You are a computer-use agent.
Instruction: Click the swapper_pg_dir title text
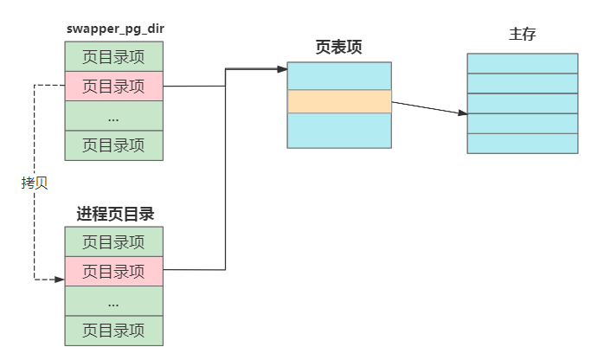tap(114, 29)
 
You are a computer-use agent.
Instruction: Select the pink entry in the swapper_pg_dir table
tap(113, 86)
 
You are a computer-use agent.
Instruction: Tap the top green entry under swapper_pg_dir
tap(113, 57)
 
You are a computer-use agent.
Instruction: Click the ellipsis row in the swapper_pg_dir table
tap(113, 116)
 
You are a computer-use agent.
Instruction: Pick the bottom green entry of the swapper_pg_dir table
tap(113, 145)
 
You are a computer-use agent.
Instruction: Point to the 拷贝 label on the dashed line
tap(34, 183)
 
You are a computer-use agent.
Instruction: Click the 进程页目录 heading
tap(114, 213)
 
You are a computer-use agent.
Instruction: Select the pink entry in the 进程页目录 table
tap(113, 271)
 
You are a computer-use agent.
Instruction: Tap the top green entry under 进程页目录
tap(113, 241)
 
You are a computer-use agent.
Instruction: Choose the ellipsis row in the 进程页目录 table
tap(113, 301)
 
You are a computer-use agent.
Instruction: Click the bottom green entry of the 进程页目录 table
tap(113, 331)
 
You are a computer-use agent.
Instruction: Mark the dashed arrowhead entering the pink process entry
tap(60, 280)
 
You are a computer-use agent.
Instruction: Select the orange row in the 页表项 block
tap(339, 101)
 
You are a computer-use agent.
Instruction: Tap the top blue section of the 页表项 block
tap(339, 75)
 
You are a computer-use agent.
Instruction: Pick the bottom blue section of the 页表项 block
tap(339, 131)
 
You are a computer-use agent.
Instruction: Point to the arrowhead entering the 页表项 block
tap(282, 68)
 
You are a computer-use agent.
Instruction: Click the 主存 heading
tap(522, 37)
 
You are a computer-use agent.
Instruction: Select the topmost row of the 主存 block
tap(522, 63)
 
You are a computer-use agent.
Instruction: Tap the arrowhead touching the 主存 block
tap(462, 112)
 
